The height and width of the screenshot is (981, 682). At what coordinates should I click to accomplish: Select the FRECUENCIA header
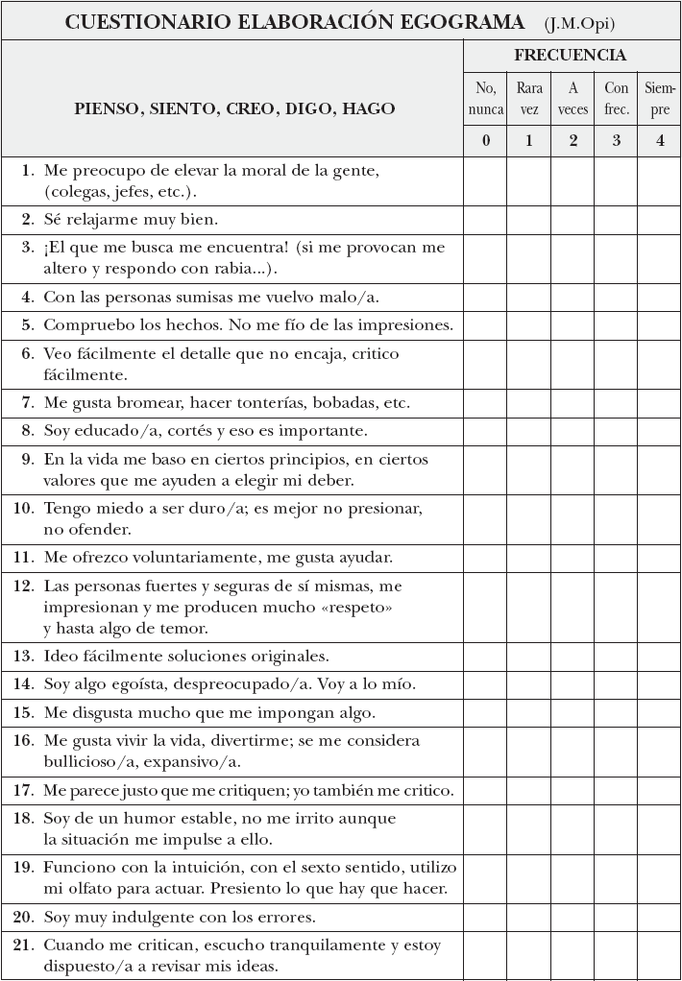(x=571, y=55)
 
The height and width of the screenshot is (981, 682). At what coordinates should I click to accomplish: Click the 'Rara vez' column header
(x=529, y=99)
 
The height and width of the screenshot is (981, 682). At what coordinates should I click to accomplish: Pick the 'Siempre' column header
(x=660, y=99)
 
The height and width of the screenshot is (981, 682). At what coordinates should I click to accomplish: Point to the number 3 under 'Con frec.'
(x=616, y=141)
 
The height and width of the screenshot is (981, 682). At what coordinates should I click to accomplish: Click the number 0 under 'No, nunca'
(x=486, y=141)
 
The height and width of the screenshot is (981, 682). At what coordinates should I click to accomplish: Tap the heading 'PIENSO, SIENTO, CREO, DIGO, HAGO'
(x=234, y=108)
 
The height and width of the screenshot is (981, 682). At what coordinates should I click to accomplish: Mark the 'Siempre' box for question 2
(x=659, y=219)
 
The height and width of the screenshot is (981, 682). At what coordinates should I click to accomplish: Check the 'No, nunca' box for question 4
(x=486, y=297)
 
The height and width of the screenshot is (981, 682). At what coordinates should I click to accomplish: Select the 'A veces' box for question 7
(x=572, y=402)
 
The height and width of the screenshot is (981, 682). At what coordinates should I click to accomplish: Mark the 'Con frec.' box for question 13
(x=616, y=657)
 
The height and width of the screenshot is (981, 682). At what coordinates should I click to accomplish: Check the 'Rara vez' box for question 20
(x=529, y=917)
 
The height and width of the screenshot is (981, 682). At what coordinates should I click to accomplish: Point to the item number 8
(x=28, y=431)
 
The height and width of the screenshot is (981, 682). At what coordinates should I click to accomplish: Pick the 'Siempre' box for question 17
(x=659, y=791)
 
